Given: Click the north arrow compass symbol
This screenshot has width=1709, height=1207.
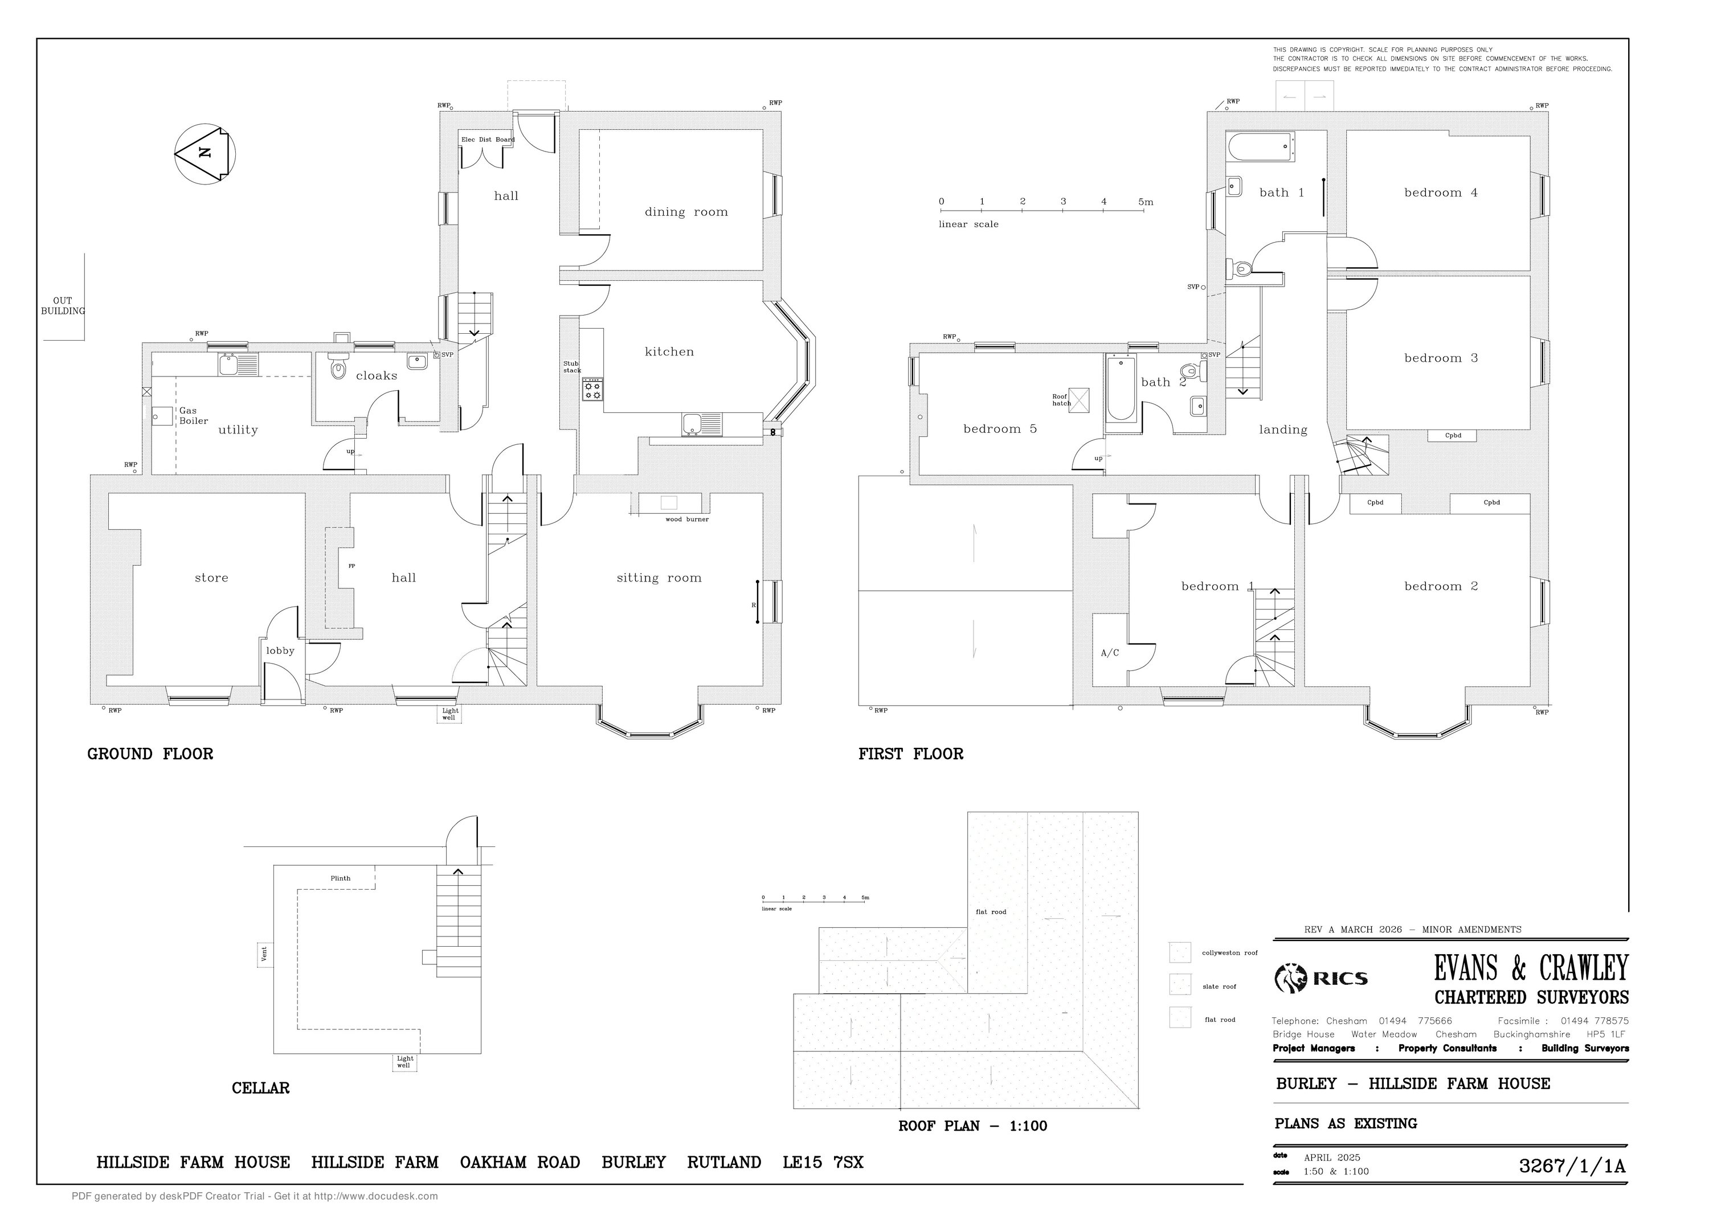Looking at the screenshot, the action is click(x=205, y=154).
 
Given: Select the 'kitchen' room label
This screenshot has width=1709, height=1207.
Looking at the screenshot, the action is click(x=669, y=352).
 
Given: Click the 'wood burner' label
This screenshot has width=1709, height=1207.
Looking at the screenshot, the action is click(x=687, y=519).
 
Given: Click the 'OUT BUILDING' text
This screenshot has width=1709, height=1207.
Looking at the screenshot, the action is click(x=63, y=306).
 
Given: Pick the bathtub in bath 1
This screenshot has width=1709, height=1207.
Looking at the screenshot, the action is click(x=1261, y=146).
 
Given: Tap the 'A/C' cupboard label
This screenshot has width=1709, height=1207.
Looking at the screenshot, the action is click(x=1110, y=653).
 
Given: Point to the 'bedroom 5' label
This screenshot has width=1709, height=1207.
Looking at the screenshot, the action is click(x=1000, y=428).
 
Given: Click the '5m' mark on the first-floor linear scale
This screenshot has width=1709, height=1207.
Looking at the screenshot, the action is click(x=1146, y=202).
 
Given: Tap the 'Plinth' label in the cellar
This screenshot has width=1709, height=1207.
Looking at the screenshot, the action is click(x=340, y=878).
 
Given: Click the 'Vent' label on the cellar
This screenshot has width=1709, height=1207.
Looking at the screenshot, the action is click(x=264, y=954).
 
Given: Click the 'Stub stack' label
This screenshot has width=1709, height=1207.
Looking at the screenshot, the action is click(x=571, y=367).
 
